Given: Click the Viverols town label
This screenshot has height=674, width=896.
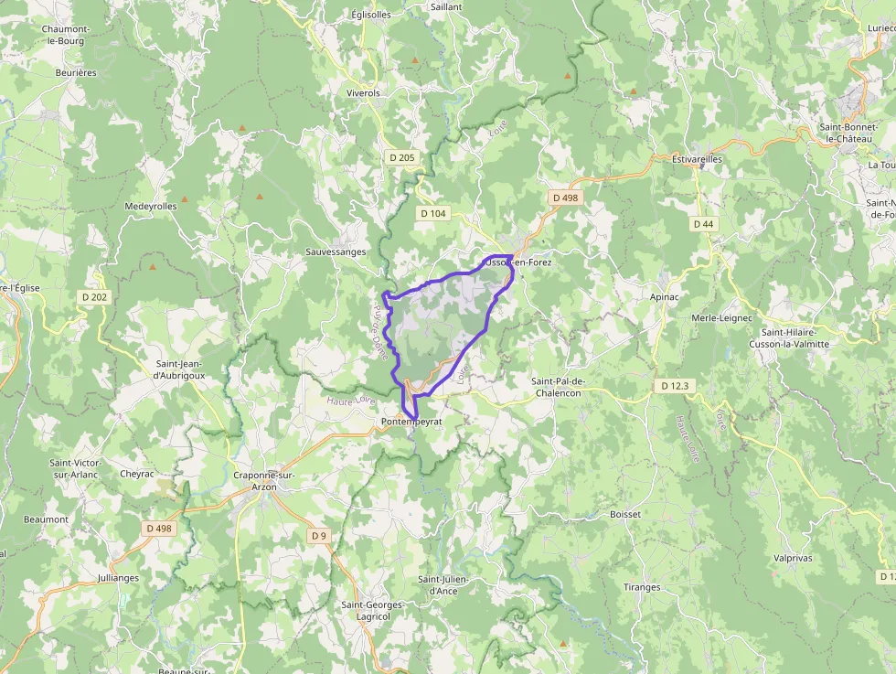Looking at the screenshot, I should [363, 93].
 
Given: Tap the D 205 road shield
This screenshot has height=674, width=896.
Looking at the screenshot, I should [400, 158].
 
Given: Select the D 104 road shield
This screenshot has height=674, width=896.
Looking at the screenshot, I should [433, 213].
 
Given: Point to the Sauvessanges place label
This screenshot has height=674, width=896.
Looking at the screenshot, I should [336, 252].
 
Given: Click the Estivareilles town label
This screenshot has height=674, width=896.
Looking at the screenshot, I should [697, 159].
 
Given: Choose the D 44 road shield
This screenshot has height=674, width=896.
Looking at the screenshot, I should [703, 224].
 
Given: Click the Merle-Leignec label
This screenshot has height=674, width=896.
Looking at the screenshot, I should [721, 317].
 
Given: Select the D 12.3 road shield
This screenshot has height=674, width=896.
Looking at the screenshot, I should [674, 387].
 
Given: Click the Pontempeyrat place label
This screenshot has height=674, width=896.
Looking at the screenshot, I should [411, 422].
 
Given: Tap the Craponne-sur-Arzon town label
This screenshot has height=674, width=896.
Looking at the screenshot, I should [263, 481].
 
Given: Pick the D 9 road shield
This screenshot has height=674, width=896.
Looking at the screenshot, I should [318, 535].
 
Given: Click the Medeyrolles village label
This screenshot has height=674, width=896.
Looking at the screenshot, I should [151, 207].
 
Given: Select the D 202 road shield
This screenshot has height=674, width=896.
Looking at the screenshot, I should [94, 297].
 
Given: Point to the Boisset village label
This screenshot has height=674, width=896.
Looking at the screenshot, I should [625, 515].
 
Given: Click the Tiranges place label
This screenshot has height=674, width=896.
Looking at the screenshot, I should [642, 587].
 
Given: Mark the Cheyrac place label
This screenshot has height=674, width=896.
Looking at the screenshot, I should [137, 475].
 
